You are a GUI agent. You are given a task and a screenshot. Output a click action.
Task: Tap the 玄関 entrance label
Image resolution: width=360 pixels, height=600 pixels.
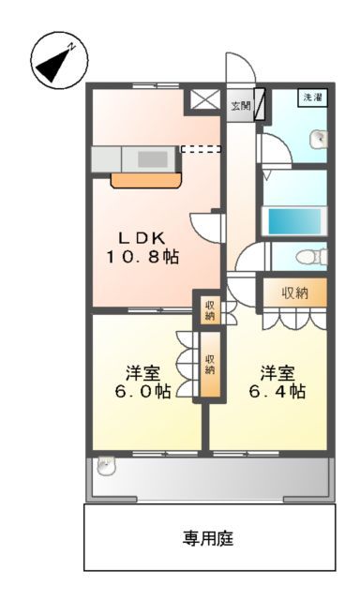[x=241, y=105]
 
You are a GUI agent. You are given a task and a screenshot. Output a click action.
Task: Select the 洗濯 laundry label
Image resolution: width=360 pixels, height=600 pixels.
[x=310, y=97]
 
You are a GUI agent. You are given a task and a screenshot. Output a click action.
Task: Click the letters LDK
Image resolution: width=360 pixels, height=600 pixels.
[x=143, y=236]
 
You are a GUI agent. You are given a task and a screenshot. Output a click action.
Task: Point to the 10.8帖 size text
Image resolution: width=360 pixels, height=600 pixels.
[x=142, y=256]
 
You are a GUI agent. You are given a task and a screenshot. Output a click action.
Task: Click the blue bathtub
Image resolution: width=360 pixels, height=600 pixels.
[x=295, y=220]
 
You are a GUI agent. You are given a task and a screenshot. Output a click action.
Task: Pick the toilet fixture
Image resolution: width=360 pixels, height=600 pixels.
[x=305, y=258]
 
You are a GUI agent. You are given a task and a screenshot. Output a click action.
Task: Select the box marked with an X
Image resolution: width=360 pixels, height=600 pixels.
[x=205, y=99]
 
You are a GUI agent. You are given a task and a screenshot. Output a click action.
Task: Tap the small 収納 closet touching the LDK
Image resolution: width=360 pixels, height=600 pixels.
[x=209, y=309]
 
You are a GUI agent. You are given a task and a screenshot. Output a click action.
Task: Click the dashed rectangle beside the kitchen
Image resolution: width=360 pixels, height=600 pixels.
[x=201, y=147]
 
